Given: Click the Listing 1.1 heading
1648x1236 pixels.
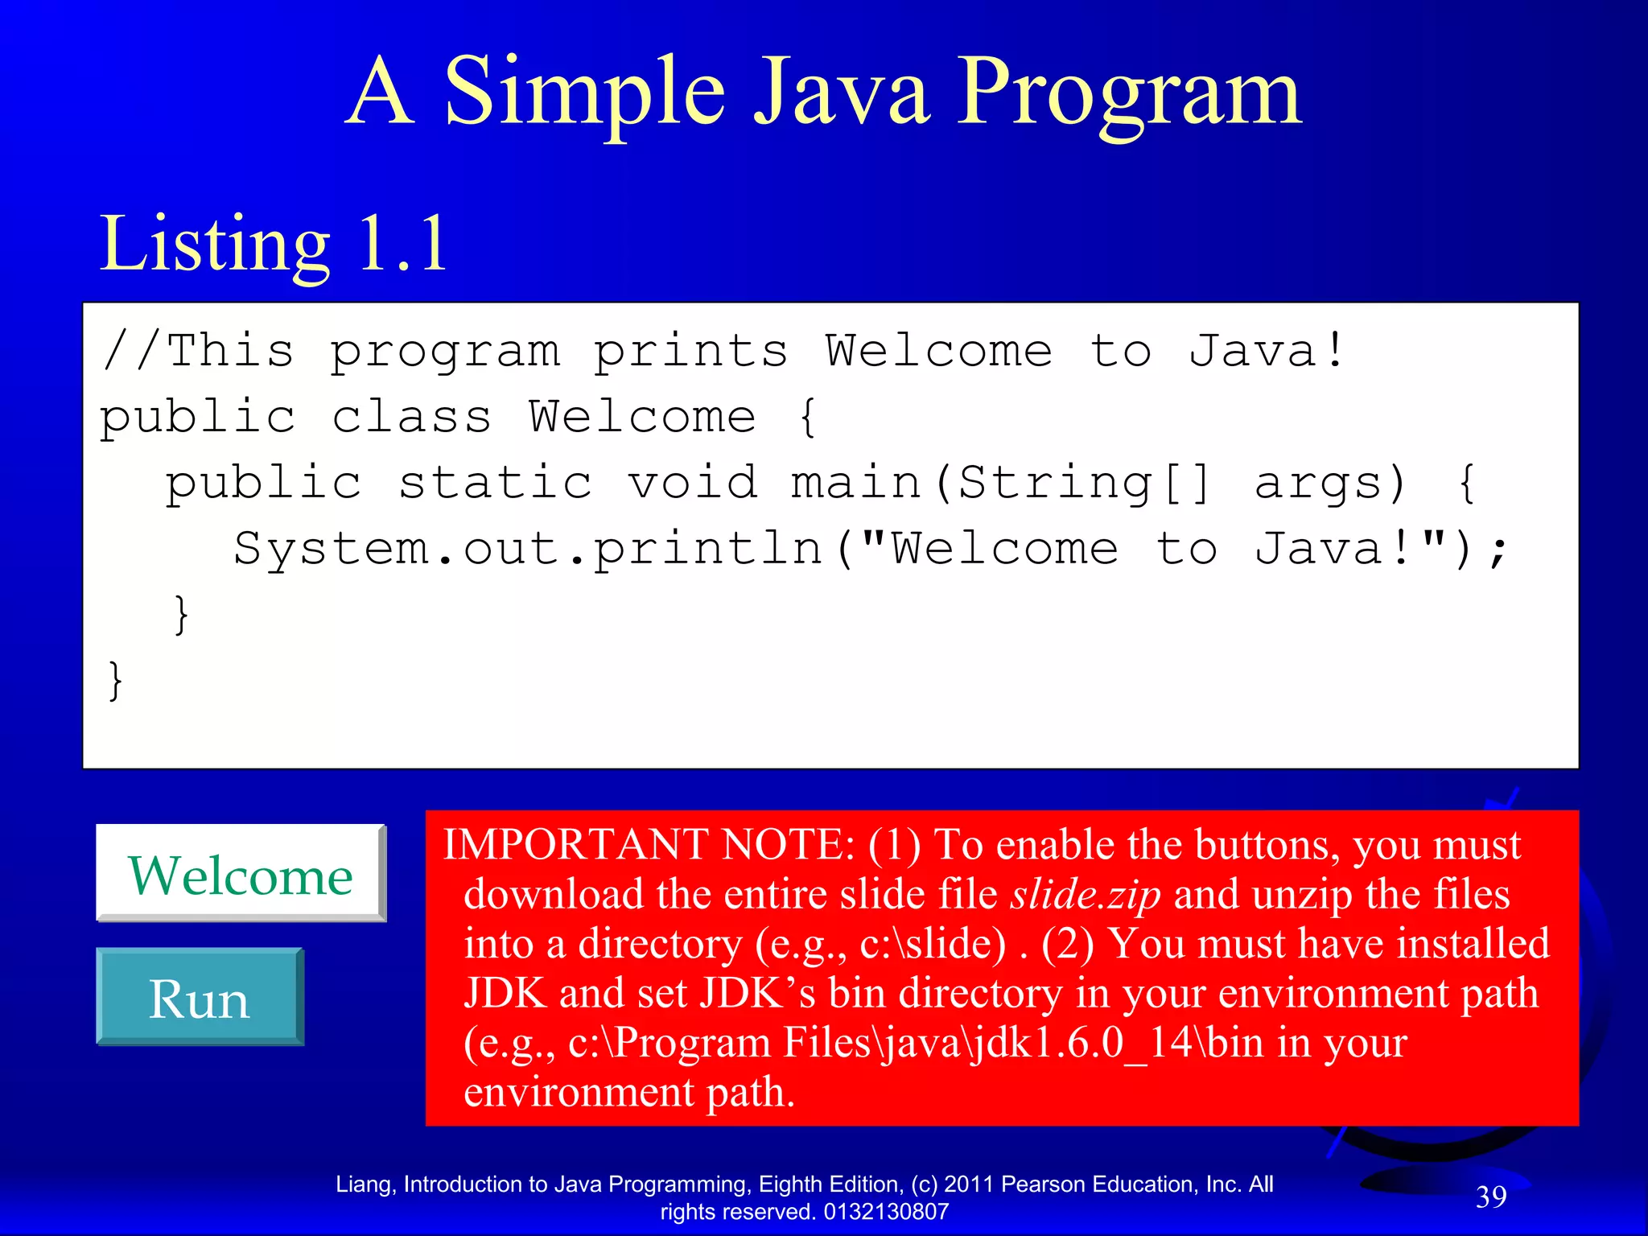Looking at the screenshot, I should click(274, 244).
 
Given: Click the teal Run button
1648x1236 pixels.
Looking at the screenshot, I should click(200, 998).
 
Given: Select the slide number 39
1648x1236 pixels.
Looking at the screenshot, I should click(1491, 1197).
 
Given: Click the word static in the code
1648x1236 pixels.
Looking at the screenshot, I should click(496, 483).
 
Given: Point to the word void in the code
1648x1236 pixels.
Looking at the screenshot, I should click(693, 483).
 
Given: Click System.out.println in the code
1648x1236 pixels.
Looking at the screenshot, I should click(528, 550).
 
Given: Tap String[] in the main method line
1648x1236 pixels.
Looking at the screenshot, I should click(1084, 483).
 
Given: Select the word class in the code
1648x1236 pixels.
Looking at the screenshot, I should click(411, 417).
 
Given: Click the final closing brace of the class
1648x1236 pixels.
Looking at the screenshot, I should click(116, 681).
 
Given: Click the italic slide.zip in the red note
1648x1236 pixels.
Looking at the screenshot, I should click(1086, 895).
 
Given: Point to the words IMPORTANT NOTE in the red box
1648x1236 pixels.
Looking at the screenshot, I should click(649, 845).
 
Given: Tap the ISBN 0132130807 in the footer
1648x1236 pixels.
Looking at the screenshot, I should click(886, 1212).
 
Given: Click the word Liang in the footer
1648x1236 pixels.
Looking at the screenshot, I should click(365, 1184).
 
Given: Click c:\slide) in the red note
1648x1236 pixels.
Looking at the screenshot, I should click(933, 944).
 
